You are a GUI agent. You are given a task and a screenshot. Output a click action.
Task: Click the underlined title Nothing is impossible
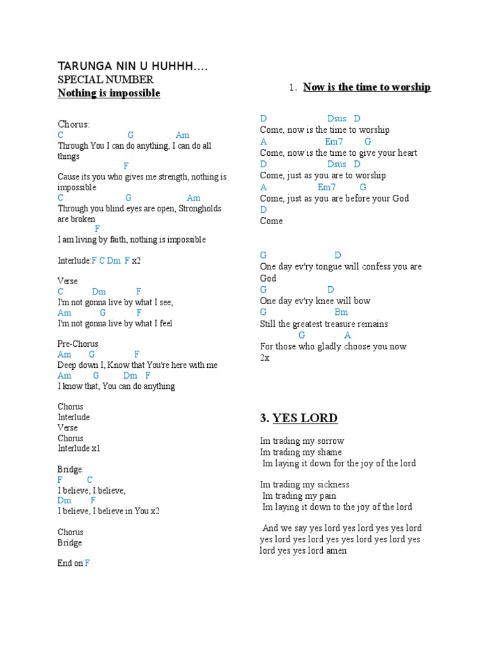[x=109, y=93]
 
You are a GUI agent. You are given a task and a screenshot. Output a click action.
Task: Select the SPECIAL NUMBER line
[x=105, y=80]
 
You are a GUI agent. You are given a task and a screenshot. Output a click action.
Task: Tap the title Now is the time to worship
[x=366, y=87]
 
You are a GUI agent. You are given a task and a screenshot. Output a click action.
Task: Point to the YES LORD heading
[x=305, y=418]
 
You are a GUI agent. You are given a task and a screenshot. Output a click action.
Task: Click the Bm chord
[x=341, y=312]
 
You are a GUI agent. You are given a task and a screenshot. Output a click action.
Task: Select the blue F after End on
[x=88, y=563]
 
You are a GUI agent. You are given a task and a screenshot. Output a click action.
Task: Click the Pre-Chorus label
[x=78, y=344]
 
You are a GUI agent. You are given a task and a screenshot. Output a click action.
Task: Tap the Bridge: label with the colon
[x=70, y=469]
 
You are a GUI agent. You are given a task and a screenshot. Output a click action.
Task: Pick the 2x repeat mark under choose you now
[x=265, y=358]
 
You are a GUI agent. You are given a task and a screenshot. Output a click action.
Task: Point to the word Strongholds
[x=200, y=208]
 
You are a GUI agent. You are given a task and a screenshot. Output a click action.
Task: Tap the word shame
[x=328, y=452]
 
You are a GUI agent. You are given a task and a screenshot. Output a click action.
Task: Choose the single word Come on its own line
[x=271, y=221]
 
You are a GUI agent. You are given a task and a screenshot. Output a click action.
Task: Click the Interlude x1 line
[x=79, y=448]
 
